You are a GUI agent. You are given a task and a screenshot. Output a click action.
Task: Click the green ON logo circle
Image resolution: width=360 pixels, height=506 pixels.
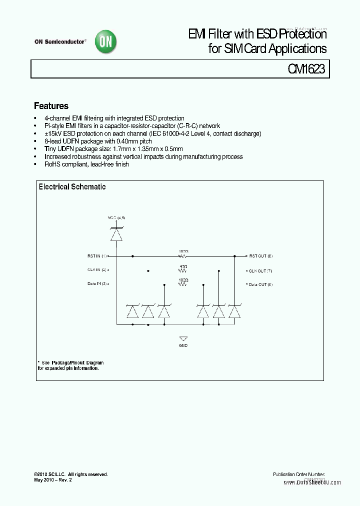[x=106, y=42]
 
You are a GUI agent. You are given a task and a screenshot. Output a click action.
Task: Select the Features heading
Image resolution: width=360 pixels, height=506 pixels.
[x=51, y=106]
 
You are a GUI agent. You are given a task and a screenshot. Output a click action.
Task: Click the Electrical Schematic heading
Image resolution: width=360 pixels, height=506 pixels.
[x=72, y=186]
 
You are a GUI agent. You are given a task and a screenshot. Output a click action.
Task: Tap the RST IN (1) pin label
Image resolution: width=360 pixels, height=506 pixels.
[x=97, y=256]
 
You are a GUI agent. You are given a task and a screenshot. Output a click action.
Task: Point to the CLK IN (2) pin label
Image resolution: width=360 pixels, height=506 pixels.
[x=97, y=270]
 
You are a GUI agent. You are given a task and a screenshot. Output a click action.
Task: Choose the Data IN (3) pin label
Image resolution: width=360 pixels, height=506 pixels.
[x=97, y=284]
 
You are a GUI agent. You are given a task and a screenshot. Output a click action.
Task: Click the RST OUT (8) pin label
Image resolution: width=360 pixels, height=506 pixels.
[x=261, y=256]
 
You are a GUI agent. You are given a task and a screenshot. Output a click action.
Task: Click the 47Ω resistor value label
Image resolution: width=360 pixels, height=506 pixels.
[x=183, y=267]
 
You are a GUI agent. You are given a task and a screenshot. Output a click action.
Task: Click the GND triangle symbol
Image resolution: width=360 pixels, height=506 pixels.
[x=183, y=338]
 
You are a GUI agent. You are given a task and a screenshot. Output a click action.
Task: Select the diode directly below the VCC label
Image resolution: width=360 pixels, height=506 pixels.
[x=116, y=233]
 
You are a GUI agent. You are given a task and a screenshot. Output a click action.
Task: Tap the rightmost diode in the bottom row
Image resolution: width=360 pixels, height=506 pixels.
[x=234, y=311]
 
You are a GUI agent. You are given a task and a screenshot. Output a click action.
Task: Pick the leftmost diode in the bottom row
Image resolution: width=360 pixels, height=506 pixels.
[x=132, y=311]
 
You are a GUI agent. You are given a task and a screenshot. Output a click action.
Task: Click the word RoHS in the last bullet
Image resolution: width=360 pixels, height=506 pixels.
[x=51, y=164]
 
